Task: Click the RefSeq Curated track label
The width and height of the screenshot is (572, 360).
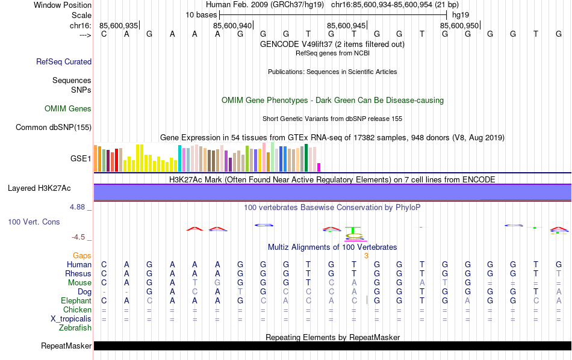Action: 64,61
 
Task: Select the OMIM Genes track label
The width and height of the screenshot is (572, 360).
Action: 68,109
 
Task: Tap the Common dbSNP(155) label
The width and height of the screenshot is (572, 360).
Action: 54,127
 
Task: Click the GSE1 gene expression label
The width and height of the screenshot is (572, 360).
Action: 81,159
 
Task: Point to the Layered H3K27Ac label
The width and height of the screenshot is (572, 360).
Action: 39,188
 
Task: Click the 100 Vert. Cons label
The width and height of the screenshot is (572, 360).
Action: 34,222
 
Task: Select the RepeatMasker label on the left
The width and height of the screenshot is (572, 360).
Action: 66,346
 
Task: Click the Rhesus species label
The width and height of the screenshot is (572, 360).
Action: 78,274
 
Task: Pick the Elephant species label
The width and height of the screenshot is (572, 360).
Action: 76,301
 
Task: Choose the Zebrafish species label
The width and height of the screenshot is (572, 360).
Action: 75,328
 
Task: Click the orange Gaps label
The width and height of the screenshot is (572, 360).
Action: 82,256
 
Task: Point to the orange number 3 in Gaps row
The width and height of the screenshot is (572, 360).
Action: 366,256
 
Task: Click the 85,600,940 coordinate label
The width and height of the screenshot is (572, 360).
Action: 232,25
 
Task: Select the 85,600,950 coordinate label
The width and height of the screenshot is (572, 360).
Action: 459,25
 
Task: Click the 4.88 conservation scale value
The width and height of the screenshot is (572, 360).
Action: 78,207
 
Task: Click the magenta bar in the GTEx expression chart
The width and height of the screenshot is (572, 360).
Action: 319,167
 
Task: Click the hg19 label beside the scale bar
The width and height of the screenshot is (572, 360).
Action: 461,14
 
